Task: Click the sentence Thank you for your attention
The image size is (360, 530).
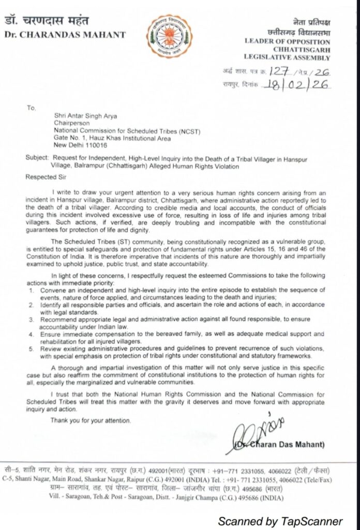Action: tap(91, 420)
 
